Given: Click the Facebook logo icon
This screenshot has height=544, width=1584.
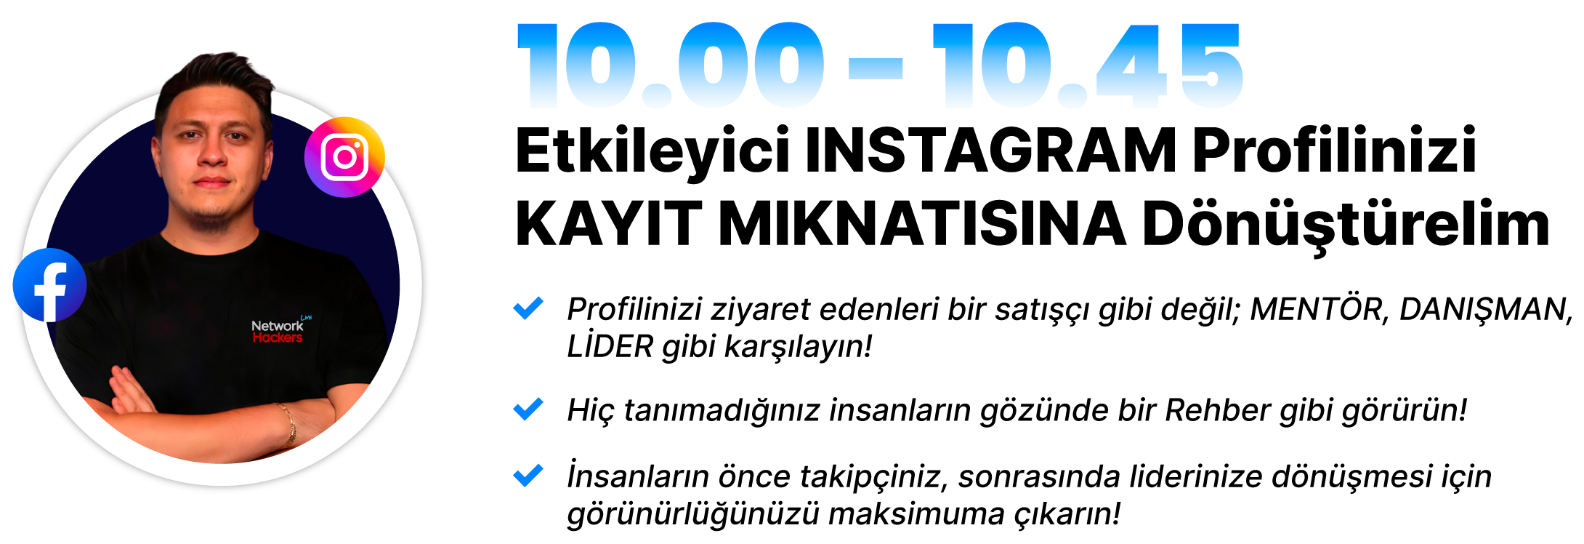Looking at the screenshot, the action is coord(49,285).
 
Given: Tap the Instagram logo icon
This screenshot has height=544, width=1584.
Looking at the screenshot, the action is coord(344,156).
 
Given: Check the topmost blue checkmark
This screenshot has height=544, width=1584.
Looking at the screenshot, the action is coord(528,308).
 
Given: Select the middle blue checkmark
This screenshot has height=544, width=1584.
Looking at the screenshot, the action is coord(528,409).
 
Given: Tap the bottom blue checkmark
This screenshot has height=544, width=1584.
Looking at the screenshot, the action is coord(528,475).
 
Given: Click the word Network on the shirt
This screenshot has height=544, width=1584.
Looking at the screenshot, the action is coord(277,326).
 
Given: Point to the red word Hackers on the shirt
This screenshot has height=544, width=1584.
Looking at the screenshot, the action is coord(277,338).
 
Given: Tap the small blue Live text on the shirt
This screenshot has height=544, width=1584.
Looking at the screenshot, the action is coord(306,317).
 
